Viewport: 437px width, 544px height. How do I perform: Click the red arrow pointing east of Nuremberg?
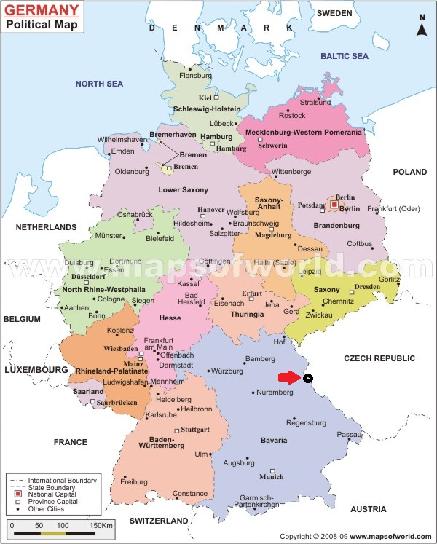tap(289, 377)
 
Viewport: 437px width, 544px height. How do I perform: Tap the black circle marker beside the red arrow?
tap(308, 378)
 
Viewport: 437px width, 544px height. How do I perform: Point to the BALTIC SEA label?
tap(345, 55)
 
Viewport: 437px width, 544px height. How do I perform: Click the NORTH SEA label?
tap(99, 84)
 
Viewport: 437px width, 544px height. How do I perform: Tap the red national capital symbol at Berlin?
tap(334, 205)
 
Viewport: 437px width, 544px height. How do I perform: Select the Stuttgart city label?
tap(196, 430)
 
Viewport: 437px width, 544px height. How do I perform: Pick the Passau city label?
tap(348, 435)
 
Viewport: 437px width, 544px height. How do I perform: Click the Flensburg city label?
tap(195, 75)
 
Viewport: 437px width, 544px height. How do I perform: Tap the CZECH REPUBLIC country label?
tap(379, 358)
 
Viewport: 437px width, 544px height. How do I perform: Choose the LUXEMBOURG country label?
tap(36, 370)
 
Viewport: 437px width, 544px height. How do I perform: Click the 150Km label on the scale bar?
tap(101, 525)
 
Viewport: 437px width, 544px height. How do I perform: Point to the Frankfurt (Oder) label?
tap(394, 210)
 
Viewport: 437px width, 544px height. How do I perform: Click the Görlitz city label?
tap(389, 280)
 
